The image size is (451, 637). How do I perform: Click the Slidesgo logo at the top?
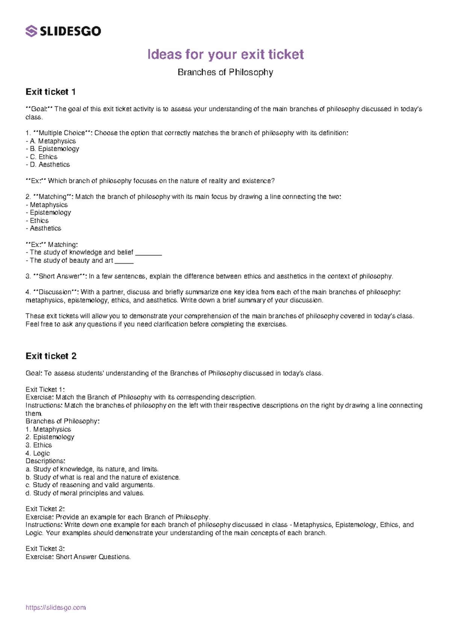[x=63, y=31]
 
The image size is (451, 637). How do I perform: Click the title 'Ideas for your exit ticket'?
[x=225, y=54]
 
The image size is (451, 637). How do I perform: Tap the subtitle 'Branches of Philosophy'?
[x=225, y=72]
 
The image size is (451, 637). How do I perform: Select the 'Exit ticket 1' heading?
[x=51, y=92]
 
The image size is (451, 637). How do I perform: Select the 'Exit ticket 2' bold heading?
[x=51, y=356]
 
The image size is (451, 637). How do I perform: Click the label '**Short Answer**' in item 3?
[x=60, y=276]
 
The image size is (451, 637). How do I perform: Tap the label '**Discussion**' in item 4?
[x=56, y=292]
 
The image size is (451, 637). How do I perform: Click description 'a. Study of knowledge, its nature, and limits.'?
[x=92, y=469]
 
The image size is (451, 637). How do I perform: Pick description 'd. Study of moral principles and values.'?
[x=85, y=493]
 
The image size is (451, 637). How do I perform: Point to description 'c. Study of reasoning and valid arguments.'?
[x=90, y=485]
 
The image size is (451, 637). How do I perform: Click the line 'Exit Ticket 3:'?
[x=45, y=549]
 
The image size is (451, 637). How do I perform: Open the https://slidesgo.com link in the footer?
[x=56, y=608]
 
